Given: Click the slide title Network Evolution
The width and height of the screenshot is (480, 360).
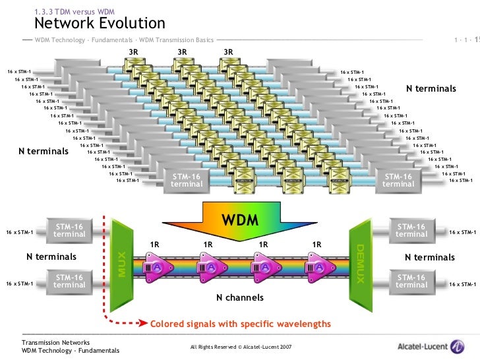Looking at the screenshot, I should (x=99, y=24).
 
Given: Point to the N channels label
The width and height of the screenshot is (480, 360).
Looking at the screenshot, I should (x=240, y=298).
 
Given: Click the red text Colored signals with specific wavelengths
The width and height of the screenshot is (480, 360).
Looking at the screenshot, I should (x=241, y=324).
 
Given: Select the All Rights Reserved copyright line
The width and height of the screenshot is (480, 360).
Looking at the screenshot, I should (x=241, y=347).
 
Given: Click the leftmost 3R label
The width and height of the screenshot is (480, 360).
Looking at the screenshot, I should (x=133, y=52).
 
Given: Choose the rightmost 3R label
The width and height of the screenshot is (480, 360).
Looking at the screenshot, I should (x=228, y=52).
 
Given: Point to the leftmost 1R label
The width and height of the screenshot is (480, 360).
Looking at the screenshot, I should (x=154, y=245).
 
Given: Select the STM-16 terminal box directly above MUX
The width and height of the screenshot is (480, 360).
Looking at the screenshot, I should (x=69, y=231).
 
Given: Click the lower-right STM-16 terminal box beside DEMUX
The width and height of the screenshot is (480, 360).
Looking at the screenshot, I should (x=411, y=282).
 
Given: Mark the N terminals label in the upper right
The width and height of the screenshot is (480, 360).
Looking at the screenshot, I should (x=431, y=88).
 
